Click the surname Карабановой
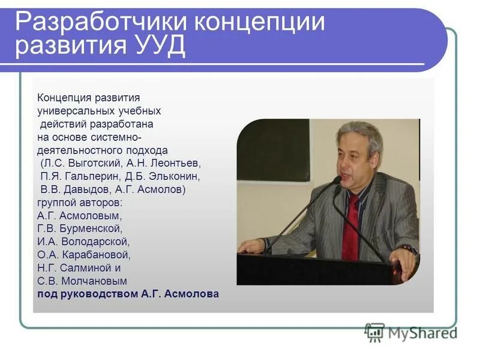pyautogui.click(x=97, y=254)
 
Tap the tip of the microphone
pyautogui.click(x=337, y=180)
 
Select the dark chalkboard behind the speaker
pyautogui.click(x=274, y=150)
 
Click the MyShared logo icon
pyautogui.click(x=374, y=332)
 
